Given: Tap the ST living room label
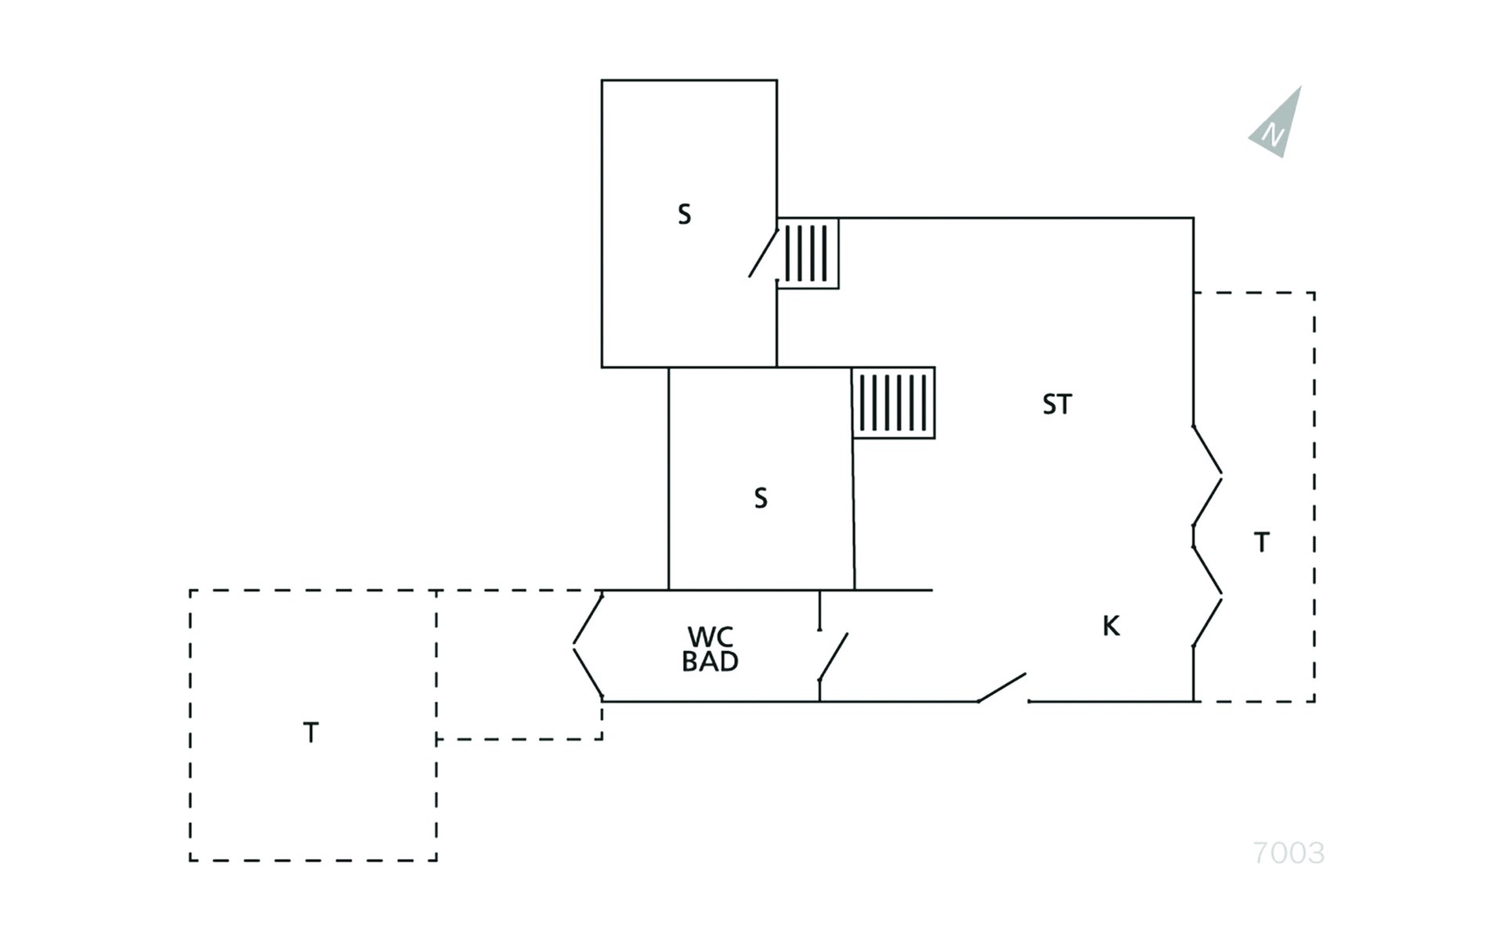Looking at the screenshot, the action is pos(1057,404).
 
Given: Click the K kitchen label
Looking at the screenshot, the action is pos(1111,626).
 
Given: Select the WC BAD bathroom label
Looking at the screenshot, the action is pos(710,649).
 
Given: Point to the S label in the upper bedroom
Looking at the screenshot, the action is pos(685,215).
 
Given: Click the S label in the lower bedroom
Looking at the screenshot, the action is pos(761,498).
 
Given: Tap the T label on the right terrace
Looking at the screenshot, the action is pos(1261,542).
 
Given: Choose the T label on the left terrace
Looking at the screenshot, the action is pos(311,733).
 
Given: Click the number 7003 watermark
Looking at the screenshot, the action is pos(1289,853).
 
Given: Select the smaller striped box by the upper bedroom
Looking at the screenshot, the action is pos(808,253).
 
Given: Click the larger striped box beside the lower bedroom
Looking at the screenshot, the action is pos(894,403).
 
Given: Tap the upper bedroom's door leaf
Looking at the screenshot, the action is pos(763,253).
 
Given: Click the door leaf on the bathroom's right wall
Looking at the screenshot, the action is pos(833,657).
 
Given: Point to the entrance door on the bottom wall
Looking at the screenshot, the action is pos(1002,687).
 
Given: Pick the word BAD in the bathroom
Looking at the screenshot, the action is pos(710,662).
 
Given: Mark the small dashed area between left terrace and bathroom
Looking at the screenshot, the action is pos(519,664).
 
